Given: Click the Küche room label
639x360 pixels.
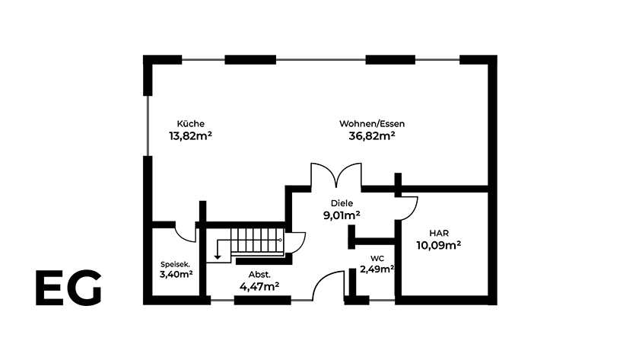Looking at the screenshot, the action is coord(191,123).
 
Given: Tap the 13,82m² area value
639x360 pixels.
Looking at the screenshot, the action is coord(190,135).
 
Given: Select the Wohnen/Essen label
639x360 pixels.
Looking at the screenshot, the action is coord(372,123).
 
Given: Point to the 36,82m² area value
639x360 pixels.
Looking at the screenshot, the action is coord(372,135).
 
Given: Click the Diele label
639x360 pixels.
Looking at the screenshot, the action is coord(342,203).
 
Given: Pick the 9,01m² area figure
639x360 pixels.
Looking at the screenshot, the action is coord(342,215).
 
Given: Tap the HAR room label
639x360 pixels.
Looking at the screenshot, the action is coord(439,233).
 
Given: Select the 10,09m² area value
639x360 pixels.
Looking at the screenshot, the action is coord(438,245).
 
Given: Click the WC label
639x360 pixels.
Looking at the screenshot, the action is coord(377,259).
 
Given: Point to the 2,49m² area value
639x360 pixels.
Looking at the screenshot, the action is coord(377,269).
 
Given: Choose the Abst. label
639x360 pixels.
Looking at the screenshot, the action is coord(259,275).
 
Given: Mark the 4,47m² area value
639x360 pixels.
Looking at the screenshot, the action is coord(259,287).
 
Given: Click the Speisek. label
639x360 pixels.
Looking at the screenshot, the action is coord(175,264).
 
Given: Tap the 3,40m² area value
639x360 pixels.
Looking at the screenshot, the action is coord(176,274).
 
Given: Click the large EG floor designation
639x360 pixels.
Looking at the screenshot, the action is coord(68,288).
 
